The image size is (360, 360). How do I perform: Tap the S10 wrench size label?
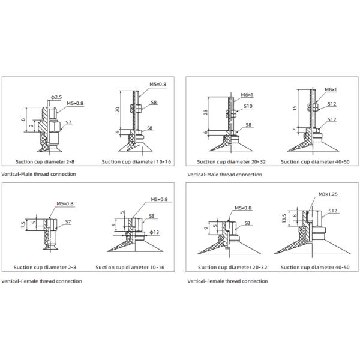(248, 106)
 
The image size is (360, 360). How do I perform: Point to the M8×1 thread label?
(330, 89)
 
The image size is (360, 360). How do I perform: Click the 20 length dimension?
(118, 109)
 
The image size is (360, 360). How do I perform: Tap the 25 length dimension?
(205, 112)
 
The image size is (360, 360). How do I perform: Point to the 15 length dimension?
(295, 108)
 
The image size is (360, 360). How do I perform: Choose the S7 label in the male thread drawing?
(68, 122)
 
